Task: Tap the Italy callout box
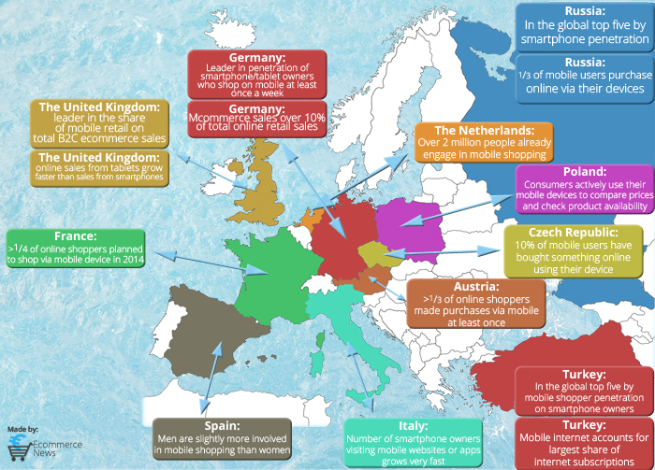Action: [x=413, y=435]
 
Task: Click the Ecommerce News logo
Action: [x=42, y=446]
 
